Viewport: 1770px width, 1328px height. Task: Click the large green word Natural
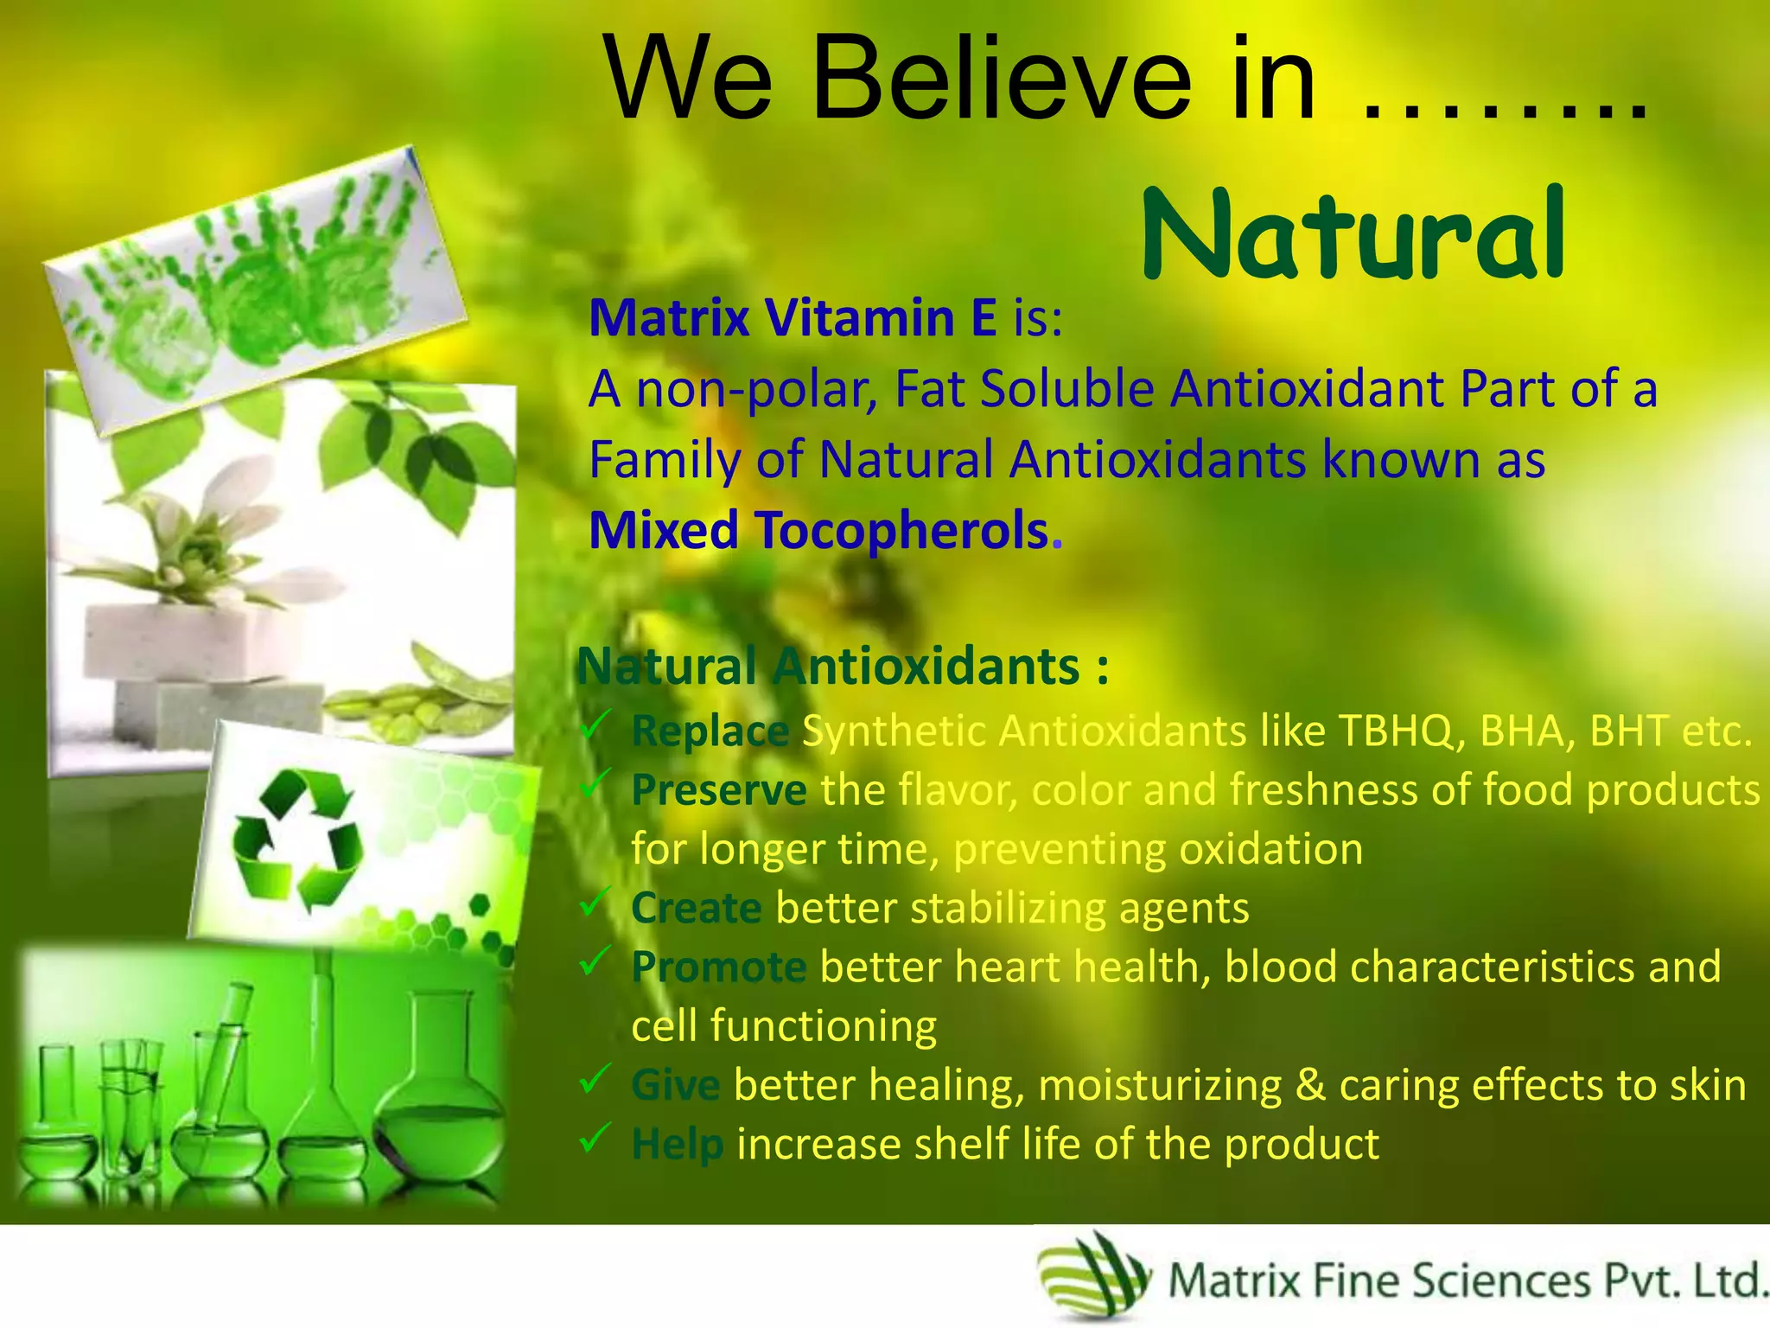[1353, 235]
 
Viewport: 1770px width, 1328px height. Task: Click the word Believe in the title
[1003, 80]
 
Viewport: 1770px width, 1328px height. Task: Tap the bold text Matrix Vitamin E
[793, 317]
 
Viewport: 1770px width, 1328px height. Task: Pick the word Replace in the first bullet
[710, 731]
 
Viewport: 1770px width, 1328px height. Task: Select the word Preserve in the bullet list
[718, 790]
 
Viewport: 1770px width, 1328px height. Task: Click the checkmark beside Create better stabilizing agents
[595, 903]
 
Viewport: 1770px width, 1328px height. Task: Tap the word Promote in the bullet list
[718, 967]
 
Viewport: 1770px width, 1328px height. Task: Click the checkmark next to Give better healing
[595, 1080]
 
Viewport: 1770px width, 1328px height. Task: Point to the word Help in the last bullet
[677, 1145]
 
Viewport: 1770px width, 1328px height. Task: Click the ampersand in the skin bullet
[1310, 1085]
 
